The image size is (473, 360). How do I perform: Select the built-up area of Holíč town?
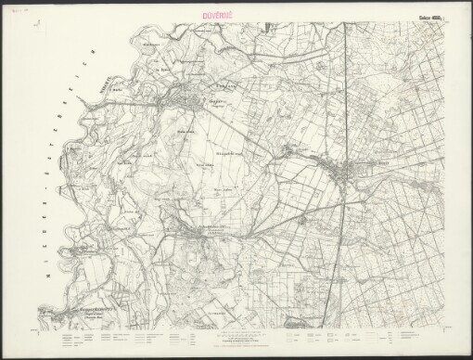[181, 96]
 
